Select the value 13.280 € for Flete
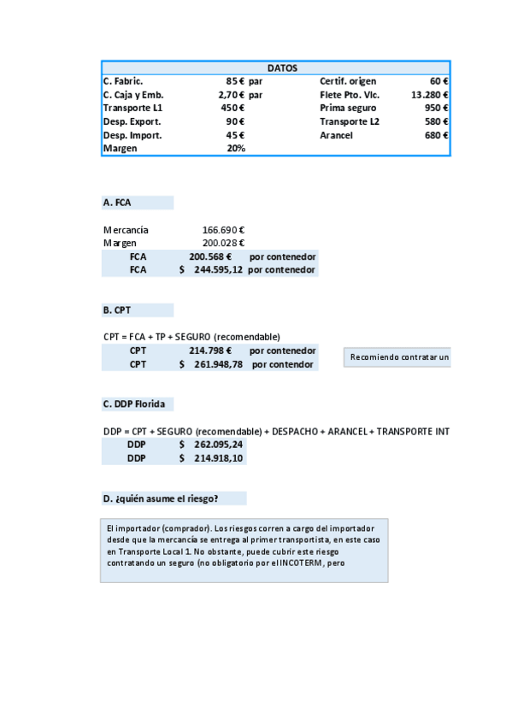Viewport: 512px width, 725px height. (x=430, y=95)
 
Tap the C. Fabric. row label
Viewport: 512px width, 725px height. (x=123, y=81)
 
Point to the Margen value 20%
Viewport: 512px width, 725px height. (x=236, y=149)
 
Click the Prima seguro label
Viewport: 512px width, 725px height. (x=348, y=109)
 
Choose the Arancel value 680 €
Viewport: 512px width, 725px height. (x=437, y=135)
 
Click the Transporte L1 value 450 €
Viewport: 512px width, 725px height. (x=232, y=109)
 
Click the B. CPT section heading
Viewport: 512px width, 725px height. (x=116, y=310)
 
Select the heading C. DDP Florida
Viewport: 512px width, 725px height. (x=134, y=404)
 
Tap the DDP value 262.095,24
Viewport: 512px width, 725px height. (x=218, y=445)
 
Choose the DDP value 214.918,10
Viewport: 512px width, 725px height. (x=218, y=458)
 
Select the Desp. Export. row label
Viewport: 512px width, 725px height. (x=127, y=121)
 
